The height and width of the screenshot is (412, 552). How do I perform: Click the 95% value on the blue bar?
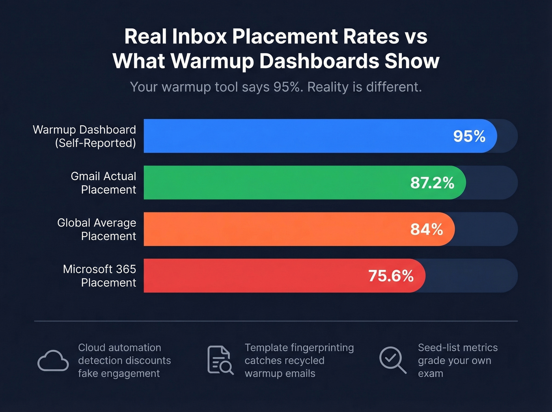[x=469, y=136]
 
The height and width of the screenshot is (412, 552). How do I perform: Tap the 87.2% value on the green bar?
[x=432, y=183]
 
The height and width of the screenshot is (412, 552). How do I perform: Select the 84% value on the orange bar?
[x=427, y=229]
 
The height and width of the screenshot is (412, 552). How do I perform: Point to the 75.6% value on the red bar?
[x=391, y=276]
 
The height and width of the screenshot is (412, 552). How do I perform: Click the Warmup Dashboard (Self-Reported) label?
[x=84, y=136]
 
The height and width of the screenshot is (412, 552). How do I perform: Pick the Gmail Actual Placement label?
[x=103, y=183]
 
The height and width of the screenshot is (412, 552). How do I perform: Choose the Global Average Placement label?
[x=97, y=229]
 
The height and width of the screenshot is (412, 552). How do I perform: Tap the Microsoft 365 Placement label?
[x=99, y=276]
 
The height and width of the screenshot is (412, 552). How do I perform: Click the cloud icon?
[x=53, y=360]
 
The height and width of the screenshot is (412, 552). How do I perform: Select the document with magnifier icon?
[x=220, y=360]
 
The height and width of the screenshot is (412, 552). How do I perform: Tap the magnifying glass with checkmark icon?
[x=392, y=360]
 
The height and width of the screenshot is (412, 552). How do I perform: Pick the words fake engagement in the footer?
[x=119, y=374]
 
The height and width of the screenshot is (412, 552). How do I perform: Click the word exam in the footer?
[x=431, y=374]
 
